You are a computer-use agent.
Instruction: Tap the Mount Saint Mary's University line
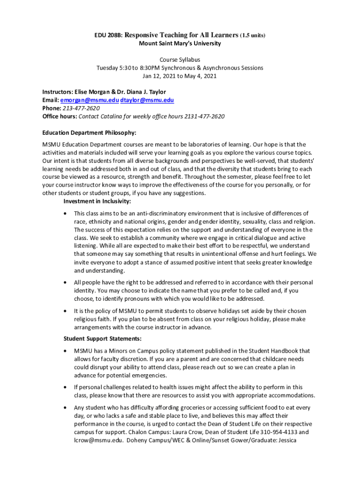point(180,44)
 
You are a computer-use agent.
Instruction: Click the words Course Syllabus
point(180,60)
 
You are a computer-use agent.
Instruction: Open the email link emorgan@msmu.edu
point(89,100)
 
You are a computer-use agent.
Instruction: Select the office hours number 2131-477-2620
point(204,116)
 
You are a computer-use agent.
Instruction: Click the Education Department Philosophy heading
point(89,133)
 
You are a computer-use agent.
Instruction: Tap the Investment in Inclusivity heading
point(97,201)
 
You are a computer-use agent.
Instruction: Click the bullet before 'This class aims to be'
point(65,214)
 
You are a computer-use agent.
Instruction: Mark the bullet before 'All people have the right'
point(65,283)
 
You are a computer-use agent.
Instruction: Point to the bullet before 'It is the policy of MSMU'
point(65,311)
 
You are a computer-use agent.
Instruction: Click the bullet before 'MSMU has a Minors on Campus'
point(65,351)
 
